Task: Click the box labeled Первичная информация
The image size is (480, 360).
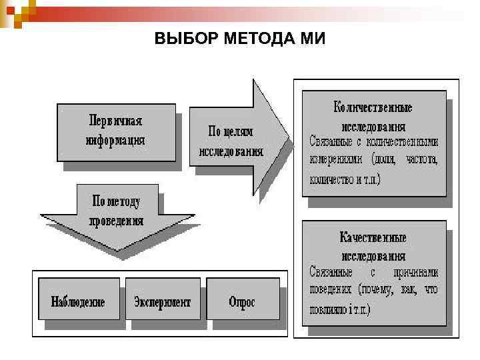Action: pos(116,131)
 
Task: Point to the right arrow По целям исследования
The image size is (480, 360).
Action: pos(233,141)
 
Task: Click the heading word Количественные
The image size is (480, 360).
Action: pos(373,108)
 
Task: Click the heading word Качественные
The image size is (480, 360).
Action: pos(373,237)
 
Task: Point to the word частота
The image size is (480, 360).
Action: pos(418,160)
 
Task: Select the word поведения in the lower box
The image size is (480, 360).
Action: pos(331,290)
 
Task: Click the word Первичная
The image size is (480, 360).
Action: pos(116,122)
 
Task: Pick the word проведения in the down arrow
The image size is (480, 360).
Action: pos(116,221)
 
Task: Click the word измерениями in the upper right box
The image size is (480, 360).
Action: pos(335,160)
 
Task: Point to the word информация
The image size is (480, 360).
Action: pos(116,141)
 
